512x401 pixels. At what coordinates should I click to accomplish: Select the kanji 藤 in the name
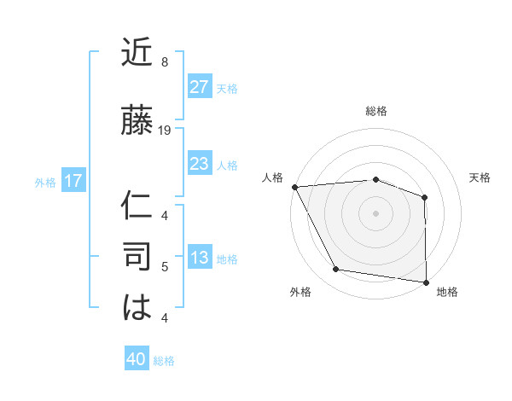coord(137,120)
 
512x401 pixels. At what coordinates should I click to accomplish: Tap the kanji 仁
coord(137,206)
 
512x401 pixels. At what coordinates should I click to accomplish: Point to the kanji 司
coord(137,257)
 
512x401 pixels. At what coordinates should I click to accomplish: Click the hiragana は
coord(137,306)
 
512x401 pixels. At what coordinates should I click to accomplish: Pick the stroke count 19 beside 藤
coord(165,131)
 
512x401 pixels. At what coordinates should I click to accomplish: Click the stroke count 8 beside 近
coord(165,62)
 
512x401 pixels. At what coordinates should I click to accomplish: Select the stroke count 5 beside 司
coord(165,267)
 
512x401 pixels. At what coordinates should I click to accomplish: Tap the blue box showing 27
coord(199,88)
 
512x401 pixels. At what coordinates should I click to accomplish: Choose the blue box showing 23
coord(199,164)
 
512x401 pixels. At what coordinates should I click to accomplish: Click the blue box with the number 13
coord(199,259)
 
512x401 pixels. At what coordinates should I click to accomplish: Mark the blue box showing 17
coord(73,181)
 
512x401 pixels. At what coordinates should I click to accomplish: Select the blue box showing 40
coord(137,360)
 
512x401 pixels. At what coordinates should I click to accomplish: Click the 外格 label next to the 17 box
coord(45,182)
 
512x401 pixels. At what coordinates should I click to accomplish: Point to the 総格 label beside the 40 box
coord(164,361)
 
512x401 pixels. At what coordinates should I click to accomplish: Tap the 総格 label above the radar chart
coord(376,112)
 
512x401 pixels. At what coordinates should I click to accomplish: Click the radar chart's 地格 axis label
coord(447,293)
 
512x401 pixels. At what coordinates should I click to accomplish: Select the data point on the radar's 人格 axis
coord(294,187)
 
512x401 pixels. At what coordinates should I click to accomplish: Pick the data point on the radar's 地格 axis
coord(426,282)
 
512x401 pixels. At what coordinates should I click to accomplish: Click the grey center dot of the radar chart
coord(375,212)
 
